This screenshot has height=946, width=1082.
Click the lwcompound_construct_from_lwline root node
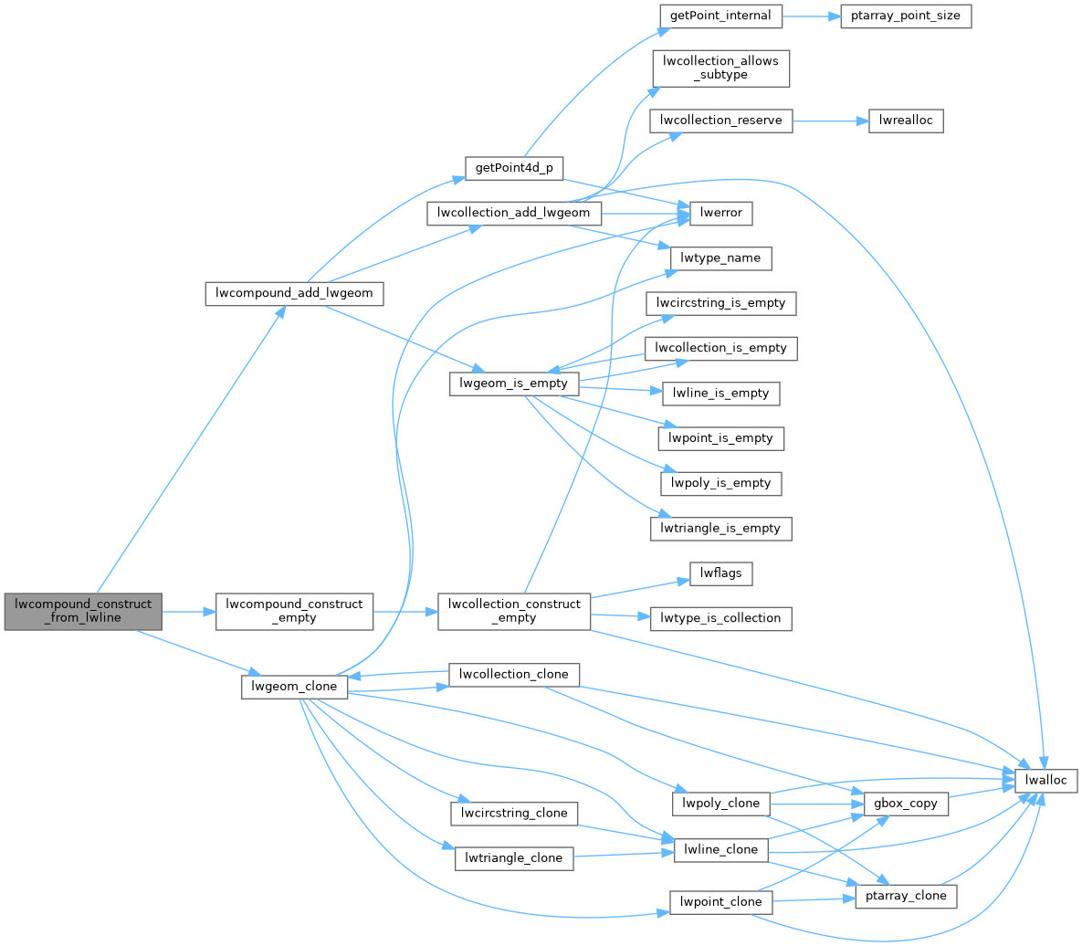coord(82,611)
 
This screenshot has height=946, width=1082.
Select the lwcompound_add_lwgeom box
coord(294,293)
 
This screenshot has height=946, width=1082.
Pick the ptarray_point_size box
coord(903,16)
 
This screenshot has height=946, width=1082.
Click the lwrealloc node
coord(898,121)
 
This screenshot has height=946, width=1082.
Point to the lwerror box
coord(721,213)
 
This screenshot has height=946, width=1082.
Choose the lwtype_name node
coord(721,258)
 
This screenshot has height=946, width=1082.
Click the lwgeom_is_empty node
coord(514,384)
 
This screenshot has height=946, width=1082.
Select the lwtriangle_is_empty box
coord(720,528)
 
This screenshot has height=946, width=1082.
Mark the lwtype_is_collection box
coord(720,618)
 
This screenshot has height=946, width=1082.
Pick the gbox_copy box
coord(903,804)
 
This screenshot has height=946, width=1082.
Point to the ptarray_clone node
coord(905,896)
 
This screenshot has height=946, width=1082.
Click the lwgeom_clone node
coord(294,686)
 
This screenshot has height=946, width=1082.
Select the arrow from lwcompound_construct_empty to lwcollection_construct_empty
coord(405,611)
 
